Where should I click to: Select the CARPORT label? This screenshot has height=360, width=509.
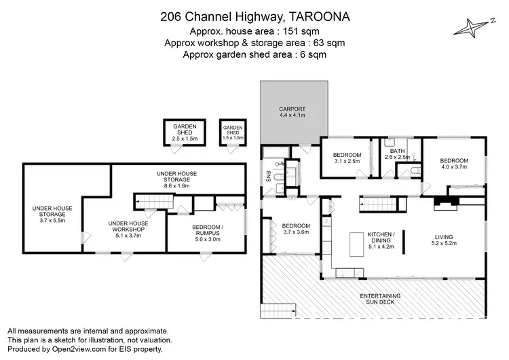293,111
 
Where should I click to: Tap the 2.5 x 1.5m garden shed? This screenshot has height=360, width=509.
184,132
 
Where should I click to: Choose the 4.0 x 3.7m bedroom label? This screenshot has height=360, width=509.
455,162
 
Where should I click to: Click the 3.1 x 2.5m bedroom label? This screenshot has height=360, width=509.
346,158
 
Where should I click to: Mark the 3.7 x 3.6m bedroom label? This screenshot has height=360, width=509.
296,229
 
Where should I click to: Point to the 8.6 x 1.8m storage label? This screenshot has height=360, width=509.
177,179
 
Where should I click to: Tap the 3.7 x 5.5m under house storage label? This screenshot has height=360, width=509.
52,215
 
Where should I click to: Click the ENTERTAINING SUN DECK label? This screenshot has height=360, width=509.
379,300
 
